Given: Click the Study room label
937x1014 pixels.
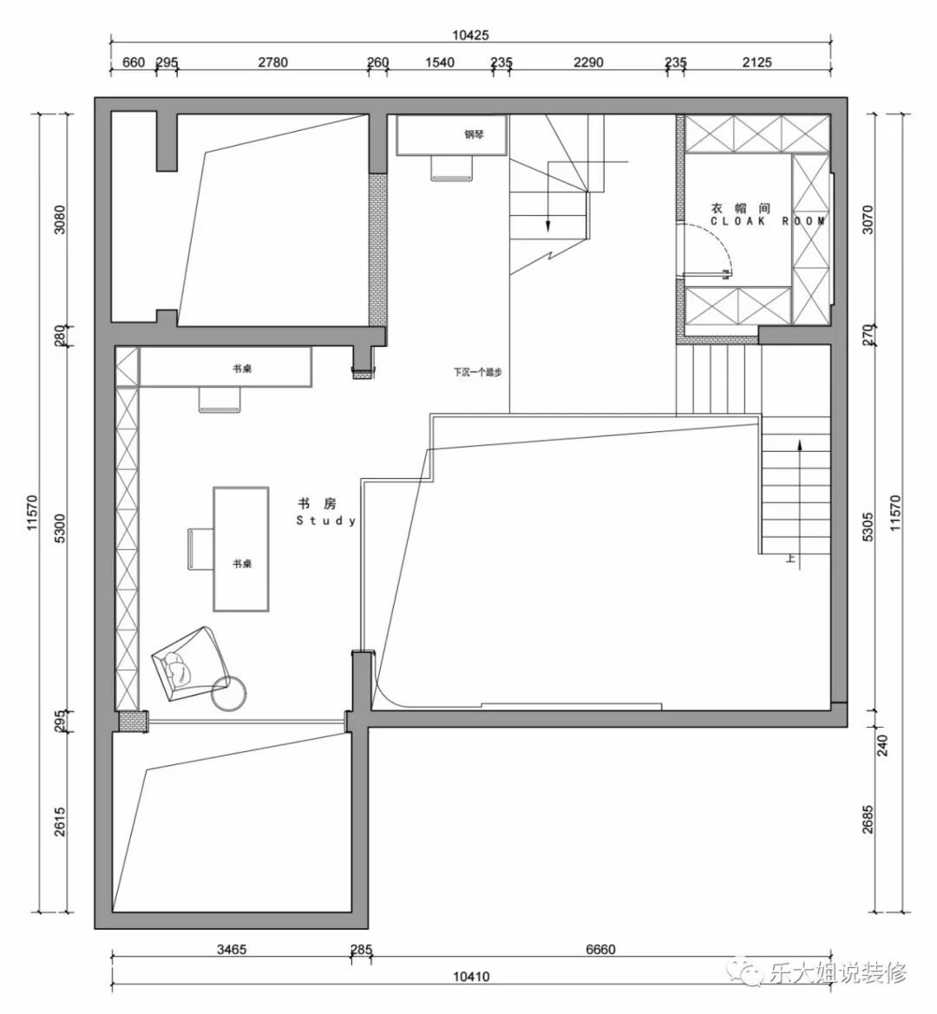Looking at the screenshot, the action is point(326,512).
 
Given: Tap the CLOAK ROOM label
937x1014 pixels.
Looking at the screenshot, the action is point(768,221).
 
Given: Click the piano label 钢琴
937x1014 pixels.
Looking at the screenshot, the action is point(474,134).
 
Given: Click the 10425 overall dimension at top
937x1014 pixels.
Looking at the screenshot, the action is point(470,35).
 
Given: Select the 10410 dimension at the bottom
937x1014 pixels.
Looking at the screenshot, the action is point(470,977).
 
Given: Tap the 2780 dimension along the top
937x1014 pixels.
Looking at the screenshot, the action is point(273,62).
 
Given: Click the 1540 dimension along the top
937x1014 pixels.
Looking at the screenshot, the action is point(440,62).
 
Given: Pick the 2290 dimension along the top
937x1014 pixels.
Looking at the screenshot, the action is point(588,62).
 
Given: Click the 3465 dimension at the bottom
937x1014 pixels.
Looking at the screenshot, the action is point(232,949).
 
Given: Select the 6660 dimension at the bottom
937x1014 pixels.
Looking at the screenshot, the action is point(600,949).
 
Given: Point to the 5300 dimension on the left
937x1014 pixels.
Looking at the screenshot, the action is point(60,528).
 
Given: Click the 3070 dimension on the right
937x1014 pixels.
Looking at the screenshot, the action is point(868,219).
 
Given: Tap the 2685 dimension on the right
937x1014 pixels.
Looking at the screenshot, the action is point(868,819).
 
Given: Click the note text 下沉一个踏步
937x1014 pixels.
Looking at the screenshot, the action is point(477,372).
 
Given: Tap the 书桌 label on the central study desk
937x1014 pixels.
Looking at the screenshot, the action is point(242,564).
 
